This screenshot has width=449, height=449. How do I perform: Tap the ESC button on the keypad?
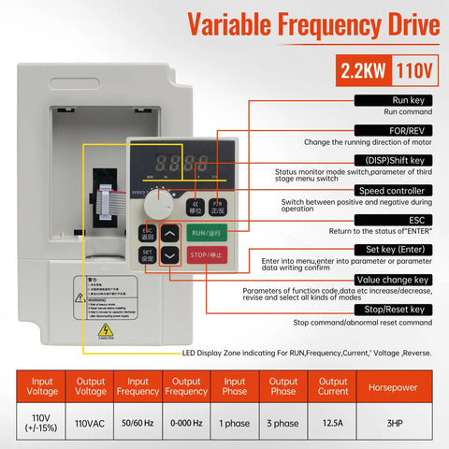(x=147, y=231)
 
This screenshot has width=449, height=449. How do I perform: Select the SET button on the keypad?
(x=147, y=253)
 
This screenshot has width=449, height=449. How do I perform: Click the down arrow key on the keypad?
(x=168, y=253)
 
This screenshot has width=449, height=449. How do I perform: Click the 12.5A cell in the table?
(x=332, y=423)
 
